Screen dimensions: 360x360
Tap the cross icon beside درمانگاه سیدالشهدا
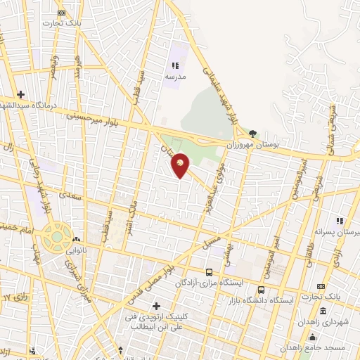(x=21, y=94)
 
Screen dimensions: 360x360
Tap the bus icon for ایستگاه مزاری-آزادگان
(x=209, y=272)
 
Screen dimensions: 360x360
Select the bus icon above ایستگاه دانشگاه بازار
(x=262, y=290)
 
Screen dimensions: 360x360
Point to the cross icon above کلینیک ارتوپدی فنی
(x=156, y=306)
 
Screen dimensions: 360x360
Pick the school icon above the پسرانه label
(x=339, y=221)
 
